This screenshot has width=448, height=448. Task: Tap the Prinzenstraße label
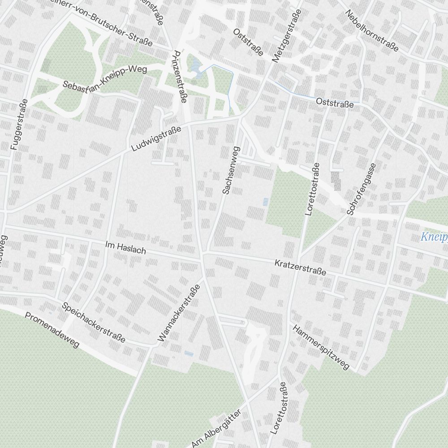click(178, 76)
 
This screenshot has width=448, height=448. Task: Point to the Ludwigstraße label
click(156, 138)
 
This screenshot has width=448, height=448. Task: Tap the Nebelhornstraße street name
click(371, 30)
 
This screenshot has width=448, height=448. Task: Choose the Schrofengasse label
click(361, 189)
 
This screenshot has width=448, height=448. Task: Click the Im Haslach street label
click(125, 247)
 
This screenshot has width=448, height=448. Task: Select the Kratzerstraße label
click(300, 266)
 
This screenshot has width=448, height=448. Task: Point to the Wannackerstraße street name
click(178, 314)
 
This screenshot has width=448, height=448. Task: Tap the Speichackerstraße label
click(94, 323)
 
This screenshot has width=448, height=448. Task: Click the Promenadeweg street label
click(52, 330)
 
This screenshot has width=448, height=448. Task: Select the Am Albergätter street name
click(216, 428)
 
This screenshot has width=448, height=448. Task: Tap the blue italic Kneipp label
click(434, 237)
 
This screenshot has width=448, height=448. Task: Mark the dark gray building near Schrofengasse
click(336, 180)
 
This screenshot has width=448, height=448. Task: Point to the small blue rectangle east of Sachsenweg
click(266, 202)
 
